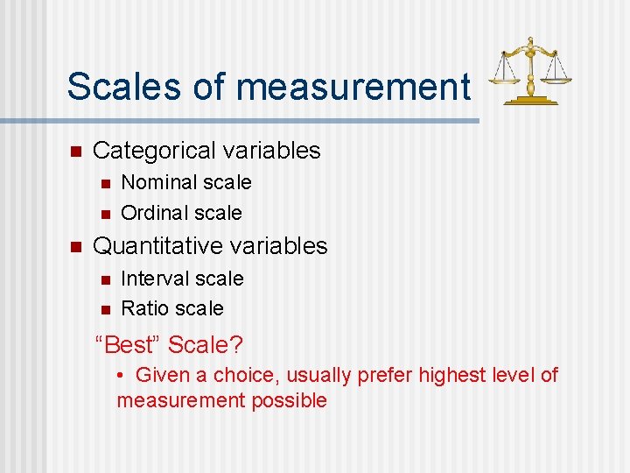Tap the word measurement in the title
[353, 87]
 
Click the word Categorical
[154, 151]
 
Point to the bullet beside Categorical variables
[75, 151]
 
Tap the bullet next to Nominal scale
[104, 183]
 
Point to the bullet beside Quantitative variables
[75, 246]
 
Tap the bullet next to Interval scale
[104, 279]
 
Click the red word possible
[289, 401]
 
